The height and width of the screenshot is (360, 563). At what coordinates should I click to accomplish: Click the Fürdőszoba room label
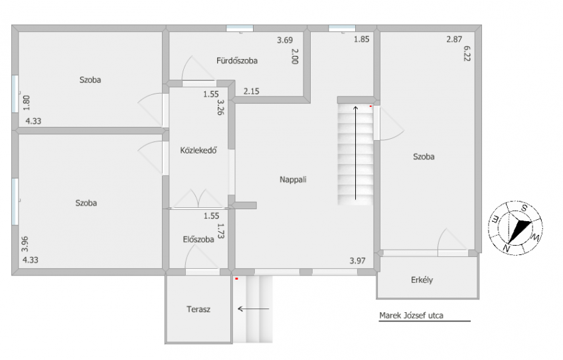(x=237, y=60)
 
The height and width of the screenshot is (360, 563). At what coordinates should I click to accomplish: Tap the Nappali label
(x=293, y=179)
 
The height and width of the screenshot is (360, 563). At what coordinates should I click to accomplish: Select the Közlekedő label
(x=199, y=150)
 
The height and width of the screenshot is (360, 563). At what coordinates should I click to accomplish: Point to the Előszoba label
(x=199, y=239)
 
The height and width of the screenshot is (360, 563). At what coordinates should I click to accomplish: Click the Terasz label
(x=199, y=309)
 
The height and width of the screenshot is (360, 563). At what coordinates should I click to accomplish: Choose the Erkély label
(x=422, y=280)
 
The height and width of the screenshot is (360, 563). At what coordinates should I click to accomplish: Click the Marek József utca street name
(x=411, y=315)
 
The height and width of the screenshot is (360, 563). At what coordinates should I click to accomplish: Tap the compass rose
(x=515, y=228)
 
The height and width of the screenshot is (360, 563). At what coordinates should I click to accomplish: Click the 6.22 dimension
(x=467, y=54)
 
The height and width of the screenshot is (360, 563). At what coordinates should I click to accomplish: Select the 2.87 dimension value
(x=454, y=39)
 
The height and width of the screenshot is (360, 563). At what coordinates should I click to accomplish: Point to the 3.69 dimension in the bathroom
(x=285, y=41)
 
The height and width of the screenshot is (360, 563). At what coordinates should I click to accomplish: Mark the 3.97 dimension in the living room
(x=358, y=261)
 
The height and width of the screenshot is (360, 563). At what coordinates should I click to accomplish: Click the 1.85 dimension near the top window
(x=362, y=39)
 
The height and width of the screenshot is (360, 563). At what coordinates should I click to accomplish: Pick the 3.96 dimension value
(x=25, y=244)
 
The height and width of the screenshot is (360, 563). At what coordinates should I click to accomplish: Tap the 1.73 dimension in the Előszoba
(x=220, y=231)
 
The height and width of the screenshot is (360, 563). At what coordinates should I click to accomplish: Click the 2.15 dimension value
(x=252, y=91)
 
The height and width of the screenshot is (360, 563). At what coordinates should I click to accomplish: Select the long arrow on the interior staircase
(x=356, y=153)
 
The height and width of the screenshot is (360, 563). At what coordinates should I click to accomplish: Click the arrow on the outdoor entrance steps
(x=254, y=309)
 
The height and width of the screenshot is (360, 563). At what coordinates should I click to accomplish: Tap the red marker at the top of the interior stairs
(x=370, y=106)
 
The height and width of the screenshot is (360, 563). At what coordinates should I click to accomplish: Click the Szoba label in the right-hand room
(x=424, y=157)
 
